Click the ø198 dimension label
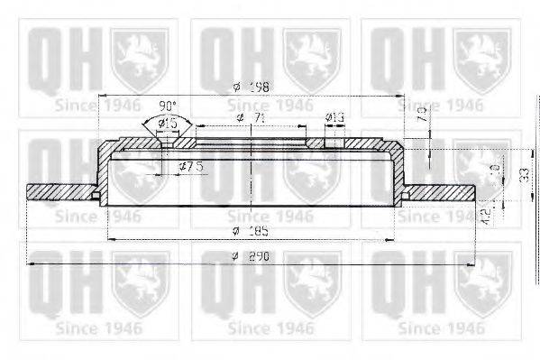249,87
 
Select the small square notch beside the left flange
96,195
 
